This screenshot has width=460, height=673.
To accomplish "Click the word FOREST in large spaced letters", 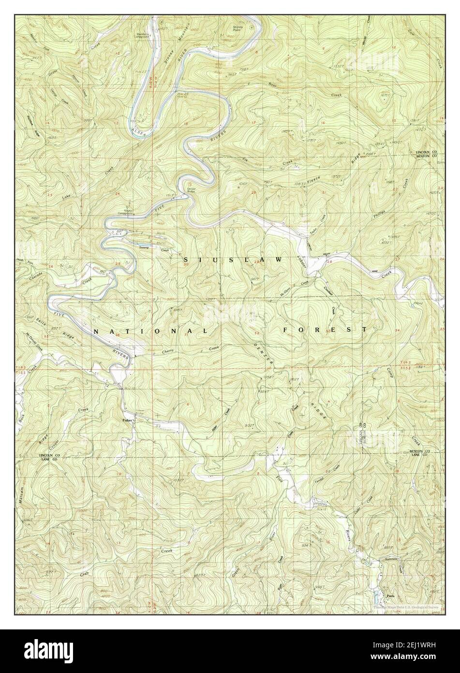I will click(325, 330).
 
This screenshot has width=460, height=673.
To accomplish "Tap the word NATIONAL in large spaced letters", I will click(150, 332).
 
